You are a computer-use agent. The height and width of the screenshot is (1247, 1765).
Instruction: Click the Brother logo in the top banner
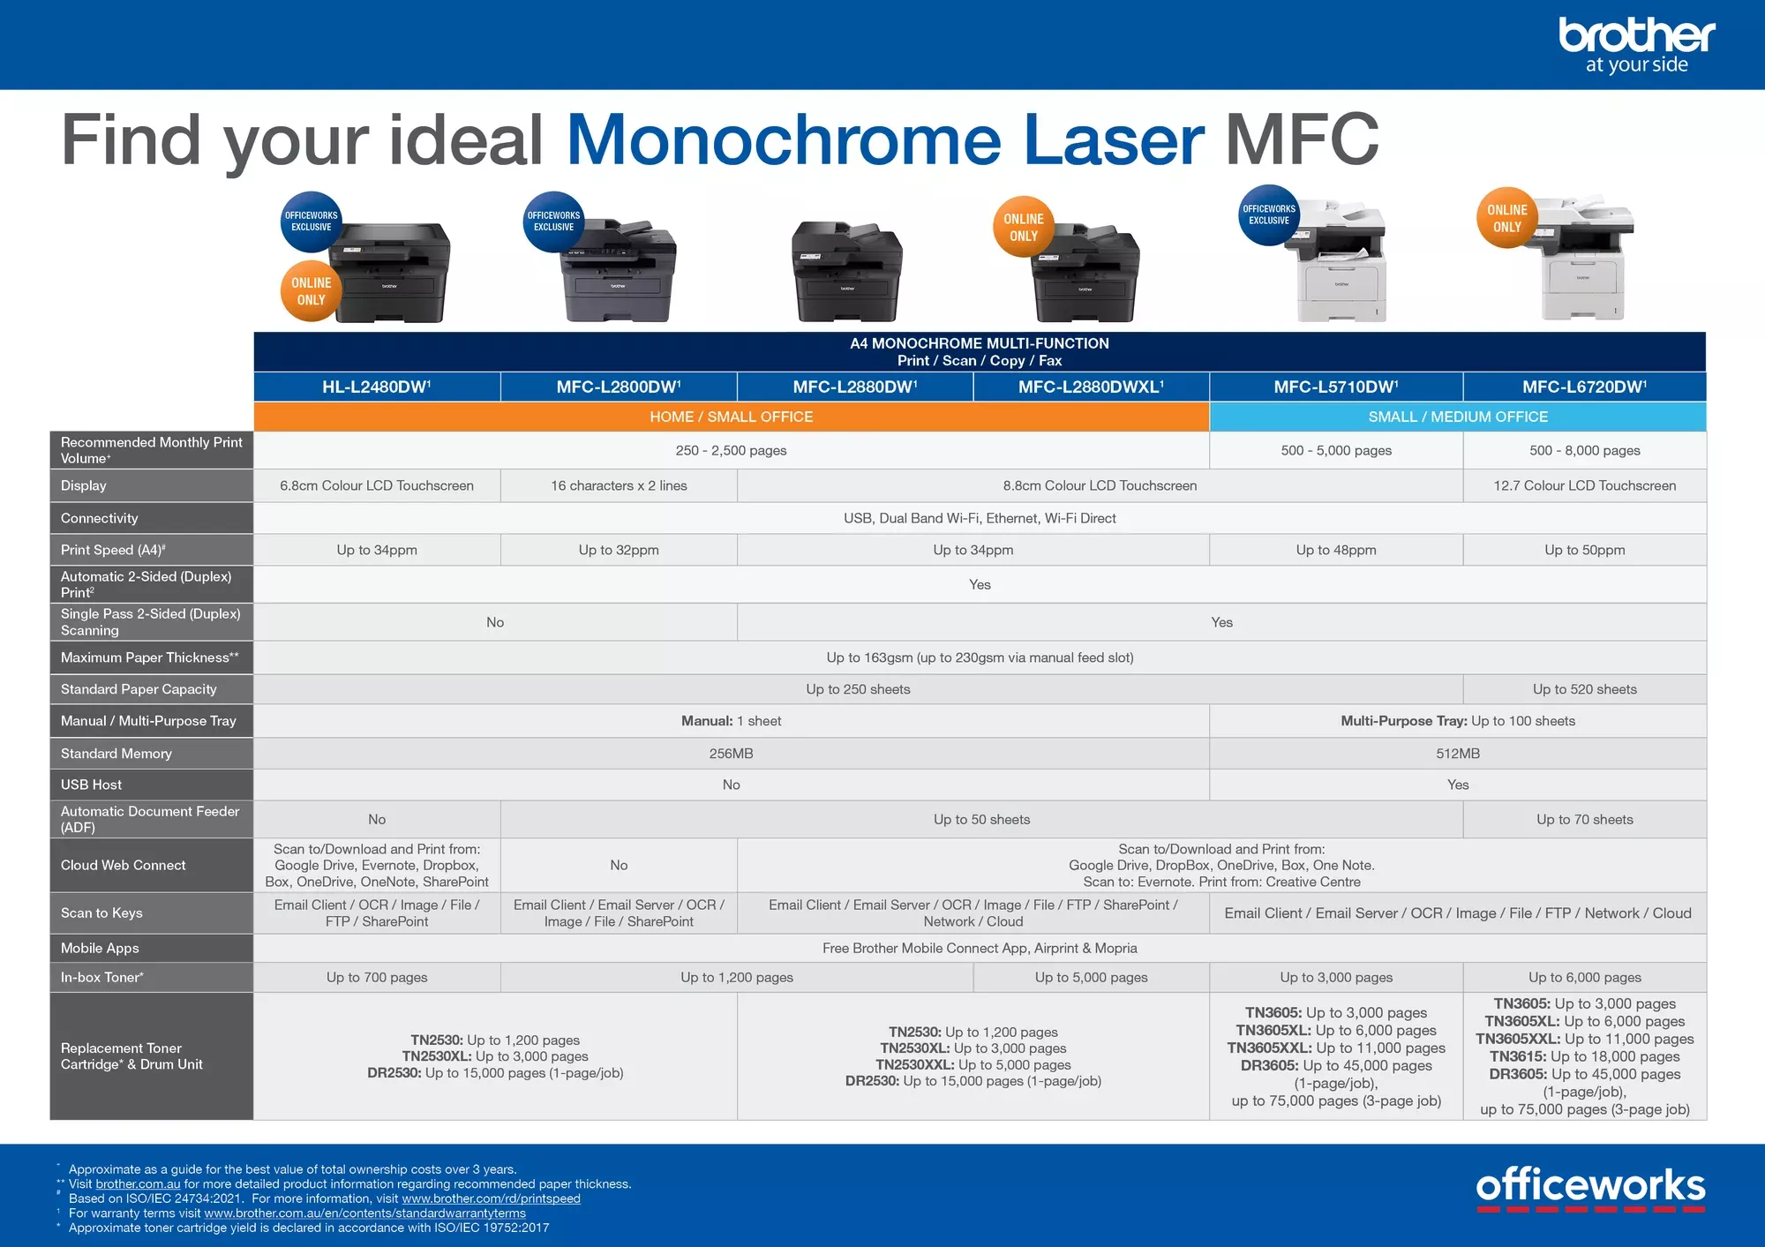pos(1636,44)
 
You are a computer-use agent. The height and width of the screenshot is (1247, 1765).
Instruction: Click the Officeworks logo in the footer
pos(1590,1188)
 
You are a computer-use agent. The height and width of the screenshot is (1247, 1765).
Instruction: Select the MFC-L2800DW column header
pos(619,387)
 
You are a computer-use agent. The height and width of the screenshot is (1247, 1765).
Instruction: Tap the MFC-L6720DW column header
pos(1584,387)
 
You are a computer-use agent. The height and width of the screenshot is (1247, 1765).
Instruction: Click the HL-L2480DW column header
pos(377,387)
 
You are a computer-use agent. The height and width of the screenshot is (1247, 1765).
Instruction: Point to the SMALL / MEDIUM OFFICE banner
pos(1457,417)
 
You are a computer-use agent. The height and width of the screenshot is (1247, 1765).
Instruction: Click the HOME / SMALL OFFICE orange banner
pos(731,417)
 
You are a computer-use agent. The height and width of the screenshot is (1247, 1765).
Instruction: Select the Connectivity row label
pos(100,518)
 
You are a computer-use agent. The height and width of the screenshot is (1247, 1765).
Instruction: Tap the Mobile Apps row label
pos(100,948)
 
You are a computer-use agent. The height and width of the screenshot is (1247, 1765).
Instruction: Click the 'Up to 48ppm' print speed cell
pos(1335,550)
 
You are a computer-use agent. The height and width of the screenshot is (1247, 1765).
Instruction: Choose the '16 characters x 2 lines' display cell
pos(619,485)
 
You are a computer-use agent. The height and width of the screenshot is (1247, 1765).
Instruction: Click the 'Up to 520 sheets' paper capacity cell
pos(1584,689)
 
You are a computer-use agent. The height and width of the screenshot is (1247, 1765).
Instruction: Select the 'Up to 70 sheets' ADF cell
pos(1584,819)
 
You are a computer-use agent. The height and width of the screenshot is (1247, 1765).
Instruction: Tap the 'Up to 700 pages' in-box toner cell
pos(377,977)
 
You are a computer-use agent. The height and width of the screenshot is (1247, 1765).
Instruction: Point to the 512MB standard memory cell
pos(1457,754)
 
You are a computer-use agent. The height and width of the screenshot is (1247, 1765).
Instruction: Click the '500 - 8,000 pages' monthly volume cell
pos(1584,450)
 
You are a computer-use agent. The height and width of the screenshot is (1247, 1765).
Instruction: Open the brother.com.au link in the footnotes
pos(138,1184)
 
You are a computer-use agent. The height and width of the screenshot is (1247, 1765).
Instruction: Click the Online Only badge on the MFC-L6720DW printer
pos(1506,218)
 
